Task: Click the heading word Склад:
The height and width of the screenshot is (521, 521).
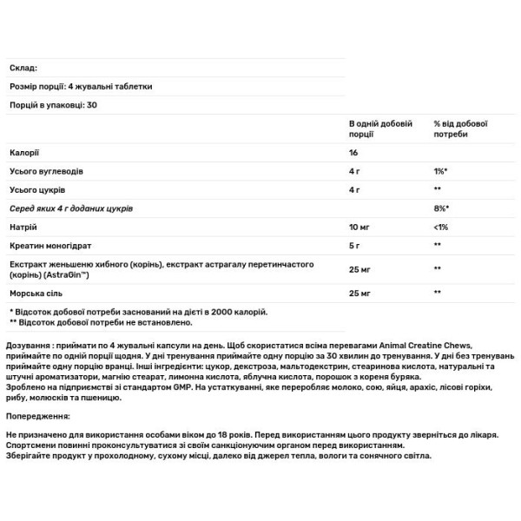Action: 22,69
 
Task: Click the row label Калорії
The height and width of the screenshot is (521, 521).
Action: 23,152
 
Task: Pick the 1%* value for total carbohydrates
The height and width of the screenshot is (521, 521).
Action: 440,170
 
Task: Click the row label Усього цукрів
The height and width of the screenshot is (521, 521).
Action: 37,189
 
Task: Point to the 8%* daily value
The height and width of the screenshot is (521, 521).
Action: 440,208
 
